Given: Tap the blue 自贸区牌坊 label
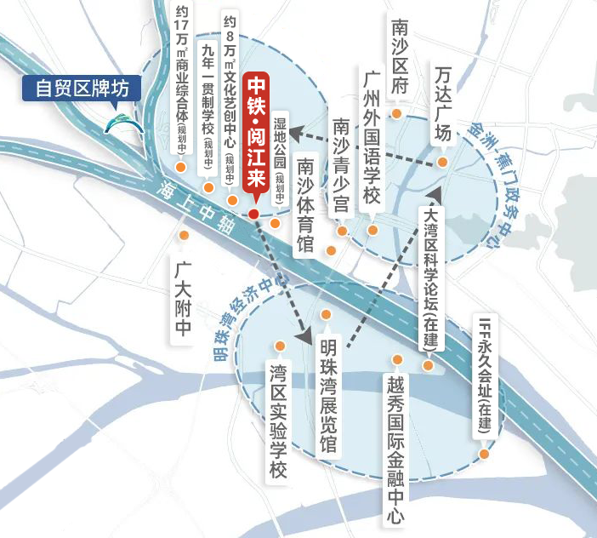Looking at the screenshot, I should (82, 88).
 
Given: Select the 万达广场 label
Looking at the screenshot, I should (442, 103).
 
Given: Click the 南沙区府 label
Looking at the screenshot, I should (398, 58).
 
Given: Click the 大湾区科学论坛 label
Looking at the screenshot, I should (430, 278).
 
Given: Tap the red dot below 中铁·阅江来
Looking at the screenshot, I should (253, 213).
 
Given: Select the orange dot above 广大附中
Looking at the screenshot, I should (181, 235).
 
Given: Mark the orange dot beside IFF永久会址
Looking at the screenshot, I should (484, 454).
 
